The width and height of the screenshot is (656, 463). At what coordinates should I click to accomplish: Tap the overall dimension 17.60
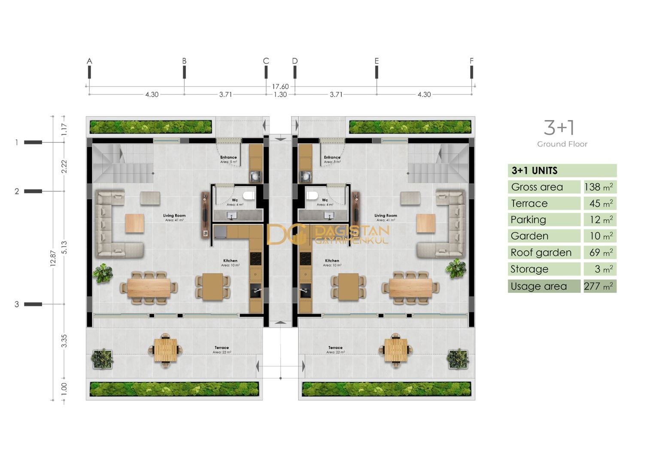tap(280, 87)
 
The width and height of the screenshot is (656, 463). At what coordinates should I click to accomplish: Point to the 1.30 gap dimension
tap(280, 95)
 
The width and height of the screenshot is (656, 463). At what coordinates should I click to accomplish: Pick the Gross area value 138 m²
tap(599, 187)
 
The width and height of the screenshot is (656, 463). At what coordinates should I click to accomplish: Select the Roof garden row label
tap(541, 253)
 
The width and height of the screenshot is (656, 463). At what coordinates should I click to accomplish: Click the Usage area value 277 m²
tap(599, 286)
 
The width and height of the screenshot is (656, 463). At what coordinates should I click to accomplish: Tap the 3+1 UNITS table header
tap(534, 171)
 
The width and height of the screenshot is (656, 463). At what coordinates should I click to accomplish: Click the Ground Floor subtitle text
tap(562, 144)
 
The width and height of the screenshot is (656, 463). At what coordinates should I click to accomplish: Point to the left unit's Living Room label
tap(174, 216)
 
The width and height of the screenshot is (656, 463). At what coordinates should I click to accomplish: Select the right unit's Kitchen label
tap(332, 261)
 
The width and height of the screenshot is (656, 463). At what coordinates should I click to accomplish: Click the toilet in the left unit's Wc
tap(249, 196)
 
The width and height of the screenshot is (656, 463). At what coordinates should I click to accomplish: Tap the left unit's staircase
tap(123, 163)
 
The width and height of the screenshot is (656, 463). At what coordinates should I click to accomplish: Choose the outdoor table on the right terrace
tap(396, 350)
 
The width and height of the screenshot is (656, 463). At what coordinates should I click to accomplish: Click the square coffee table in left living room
tap(134, 223)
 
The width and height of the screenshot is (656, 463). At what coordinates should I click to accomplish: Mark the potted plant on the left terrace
tap(102, 359)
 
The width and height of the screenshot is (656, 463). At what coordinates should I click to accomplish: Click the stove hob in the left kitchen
tap(256, 259)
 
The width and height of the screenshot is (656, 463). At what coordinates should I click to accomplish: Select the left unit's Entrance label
tap(228, 158)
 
